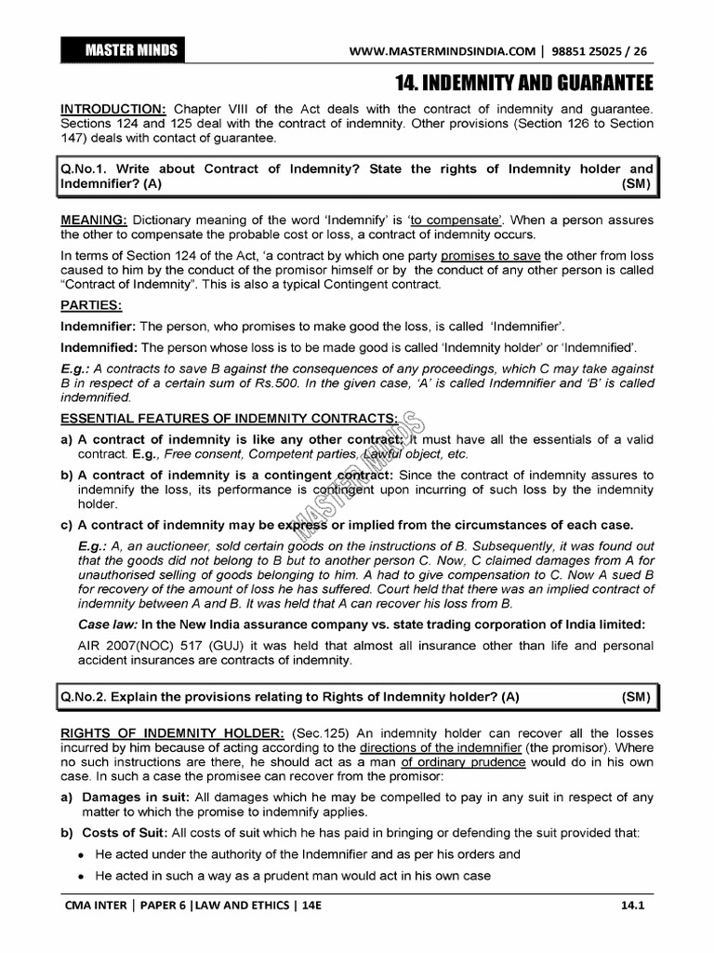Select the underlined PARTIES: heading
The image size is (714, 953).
coord(91,305)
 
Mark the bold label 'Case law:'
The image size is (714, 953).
coord(110,624)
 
